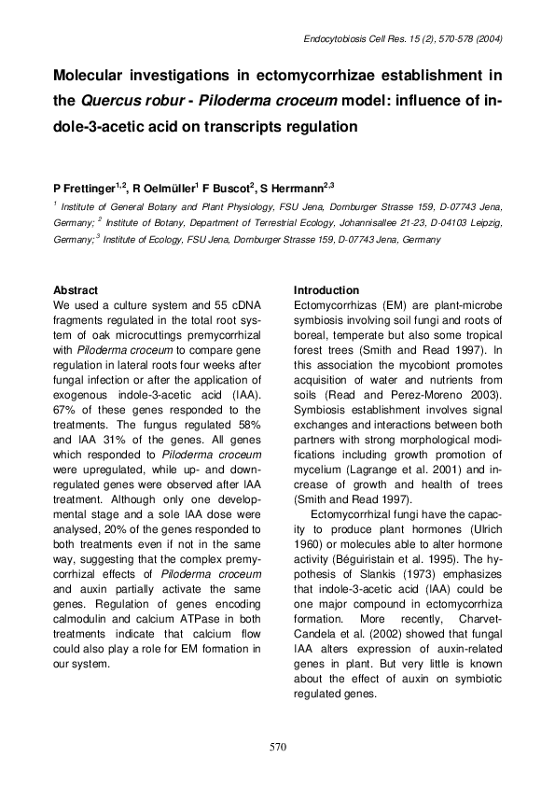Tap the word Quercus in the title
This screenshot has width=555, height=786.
click(152, 100)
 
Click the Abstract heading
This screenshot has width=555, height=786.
click(76, 290)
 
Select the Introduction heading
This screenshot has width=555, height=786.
click(326, 290)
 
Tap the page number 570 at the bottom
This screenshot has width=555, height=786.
click(277, 747)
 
